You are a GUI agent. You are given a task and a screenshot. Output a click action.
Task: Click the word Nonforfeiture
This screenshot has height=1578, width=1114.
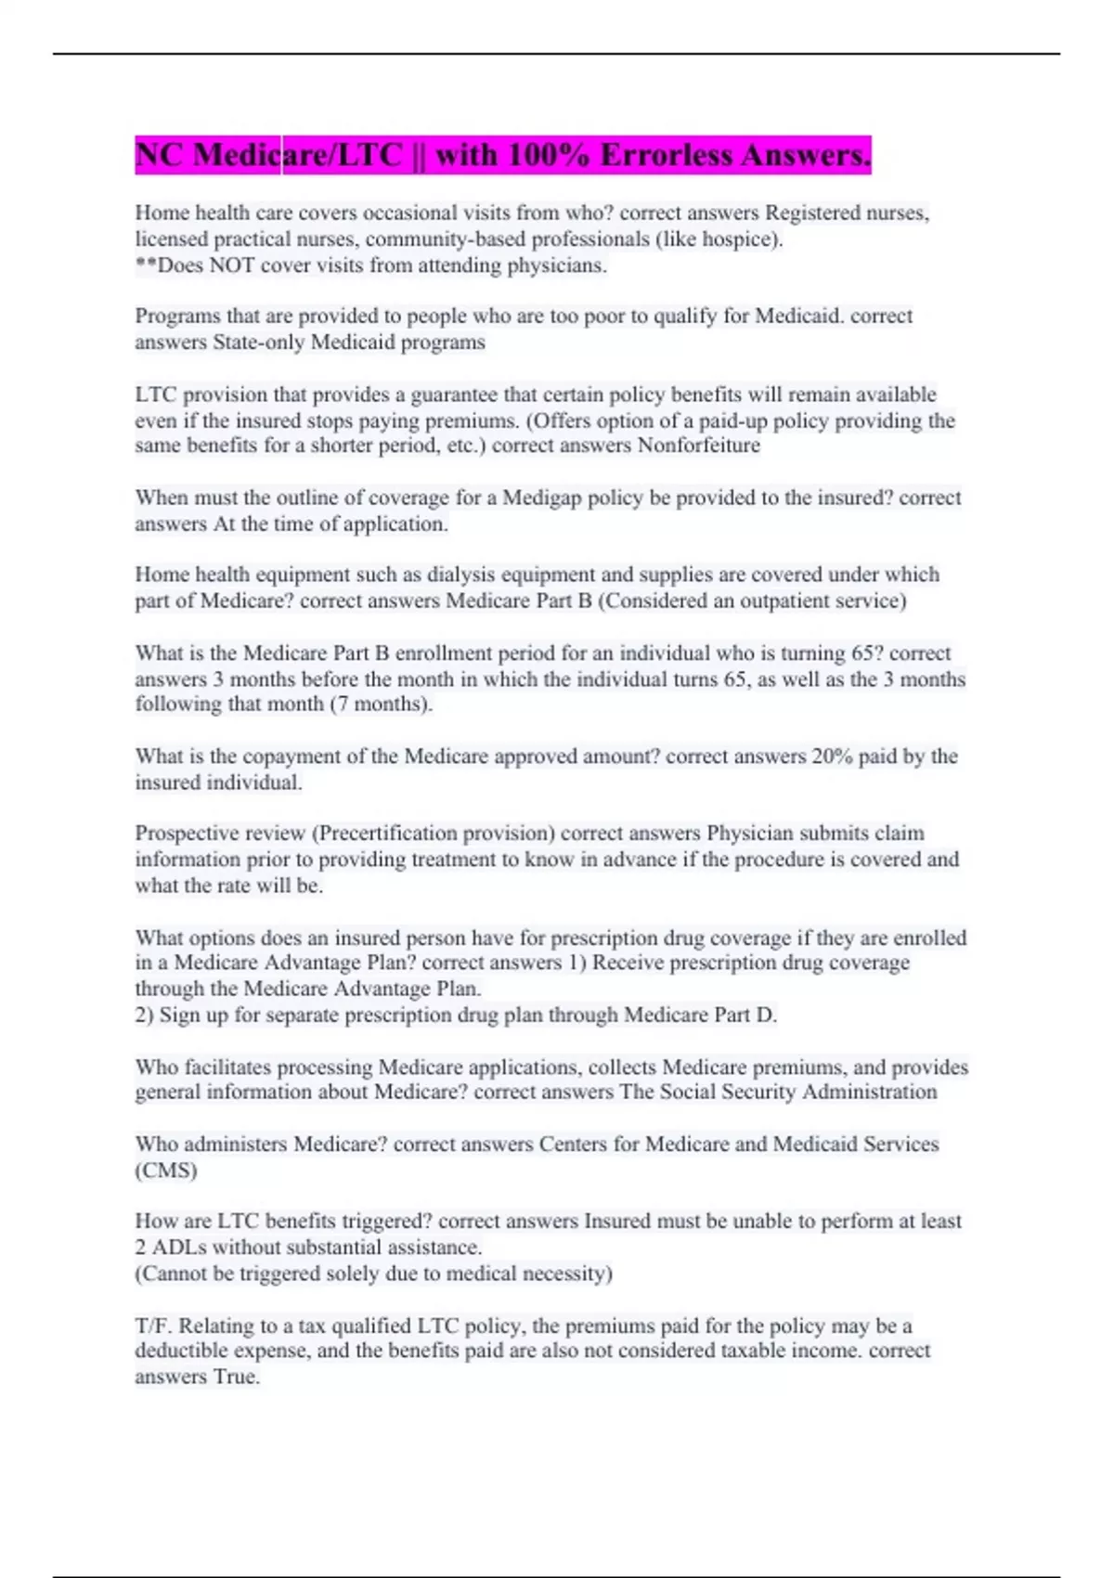coord(698,446)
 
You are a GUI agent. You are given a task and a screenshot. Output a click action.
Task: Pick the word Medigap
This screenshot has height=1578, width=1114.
coord(542,498)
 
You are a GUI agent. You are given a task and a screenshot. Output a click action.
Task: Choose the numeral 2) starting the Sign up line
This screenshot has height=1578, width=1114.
coord(144,1015)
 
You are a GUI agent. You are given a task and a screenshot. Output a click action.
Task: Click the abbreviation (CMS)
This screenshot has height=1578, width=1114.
coord(166,1171)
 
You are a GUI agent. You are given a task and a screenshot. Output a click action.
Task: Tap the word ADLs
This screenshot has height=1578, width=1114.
coord(179,1248)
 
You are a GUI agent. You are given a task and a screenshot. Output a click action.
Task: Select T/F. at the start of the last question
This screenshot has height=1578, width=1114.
coord(153,1326)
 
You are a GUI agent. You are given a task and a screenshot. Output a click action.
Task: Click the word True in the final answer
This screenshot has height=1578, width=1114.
coord(237,1378)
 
